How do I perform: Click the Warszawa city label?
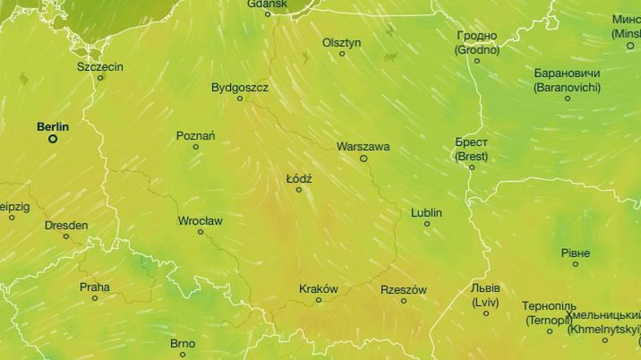coord(363,146)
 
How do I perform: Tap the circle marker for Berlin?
coord(53,139)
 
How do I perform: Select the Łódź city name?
coord(298,178)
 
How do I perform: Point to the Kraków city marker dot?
coord(318,300)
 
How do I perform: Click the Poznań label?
coord(195,135)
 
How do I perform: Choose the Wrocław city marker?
coord(201,232)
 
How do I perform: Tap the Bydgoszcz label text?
coord(239,88)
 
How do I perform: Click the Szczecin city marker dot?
coord(100,78)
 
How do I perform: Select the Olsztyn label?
coord(341,42)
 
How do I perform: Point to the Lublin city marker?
coord(427,224)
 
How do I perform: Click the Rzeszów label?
coord(404,289)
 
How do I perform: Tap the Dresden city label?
coord(66,225)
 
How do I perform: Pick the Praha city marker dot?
coord(95,298)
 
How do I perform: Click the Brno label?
coord(182,343)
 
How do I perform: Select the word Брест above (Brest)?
coord(472,142)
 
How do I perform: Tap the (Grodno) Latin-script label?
coord(476,49)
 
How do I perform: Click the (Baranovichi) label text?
coord(567,88)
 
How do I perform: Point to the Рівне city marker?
coord(576,264)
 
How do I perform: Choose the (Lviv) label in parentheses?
coord(485,302)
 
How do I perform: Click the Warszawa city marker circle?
coord(363,159)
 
